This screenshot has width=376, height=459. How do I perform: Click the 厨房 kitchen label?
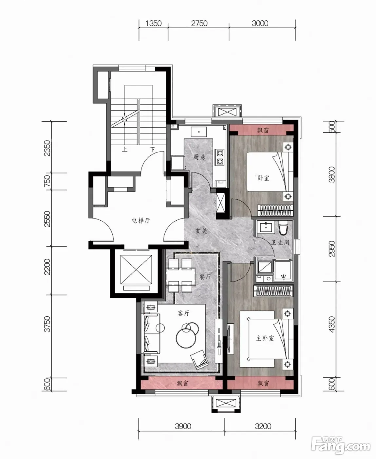[199, 157]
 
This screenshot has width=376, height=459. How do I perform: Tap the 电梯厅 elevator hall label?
[141, 221]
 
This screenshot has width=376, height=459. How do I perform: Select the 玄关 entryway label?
[201, 231]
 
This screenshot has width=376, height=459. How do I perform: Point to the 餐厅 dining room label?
[205, 277]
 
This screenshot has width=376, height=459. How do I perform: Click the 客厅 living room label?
[183, 313]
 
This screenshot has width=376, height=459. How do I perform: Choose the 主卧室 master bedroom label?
[265, 338]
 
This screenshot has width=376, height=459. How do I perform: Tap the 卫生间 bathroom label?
[280, 242]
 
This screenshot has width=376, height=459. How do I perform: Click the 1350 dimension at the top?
[153, 23]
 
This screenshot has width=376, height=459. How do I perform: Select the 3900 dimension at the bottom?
[183, 426]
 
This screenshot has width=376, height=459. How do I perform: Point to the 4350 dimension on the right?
[332, 325]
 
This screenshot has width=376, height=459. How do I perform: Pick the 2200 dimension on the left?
[47, 267]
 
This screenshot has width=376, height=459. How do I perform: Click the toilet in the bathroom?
[283, 228]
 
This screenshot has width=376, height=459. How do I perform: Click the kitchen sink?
[199, 132]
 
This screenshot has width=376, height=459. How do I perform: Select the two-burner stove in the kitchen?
[220, 157]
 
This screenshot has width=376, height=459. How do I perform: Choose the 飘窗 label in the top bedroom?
[263, 130]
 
